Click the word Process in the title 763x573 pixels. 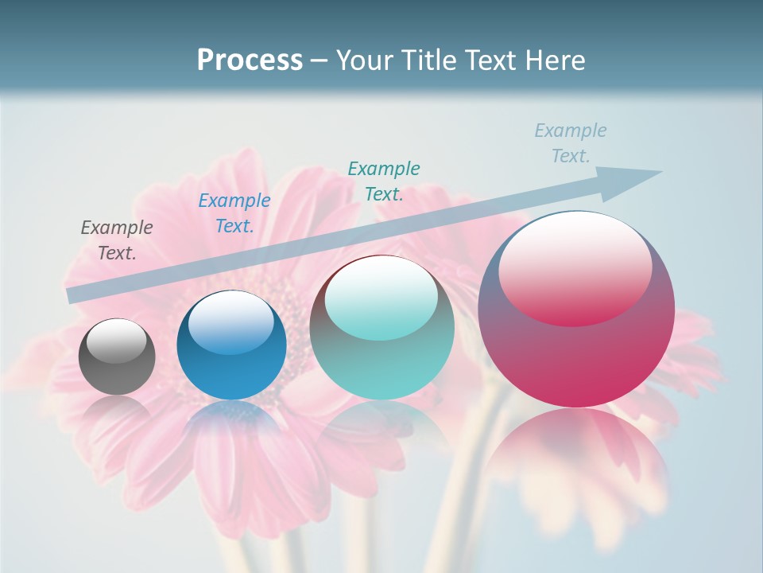tap(250, 60)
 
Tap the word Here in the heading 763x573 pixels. tap(555, 60)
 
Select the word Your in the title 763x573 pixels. tap(364, 60)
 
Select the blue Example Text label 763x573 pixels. tap(234, 213)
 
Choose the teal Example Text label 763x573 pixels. tap(384, 181)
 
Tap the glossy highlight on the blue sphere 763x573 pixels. tap(231, 323)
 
